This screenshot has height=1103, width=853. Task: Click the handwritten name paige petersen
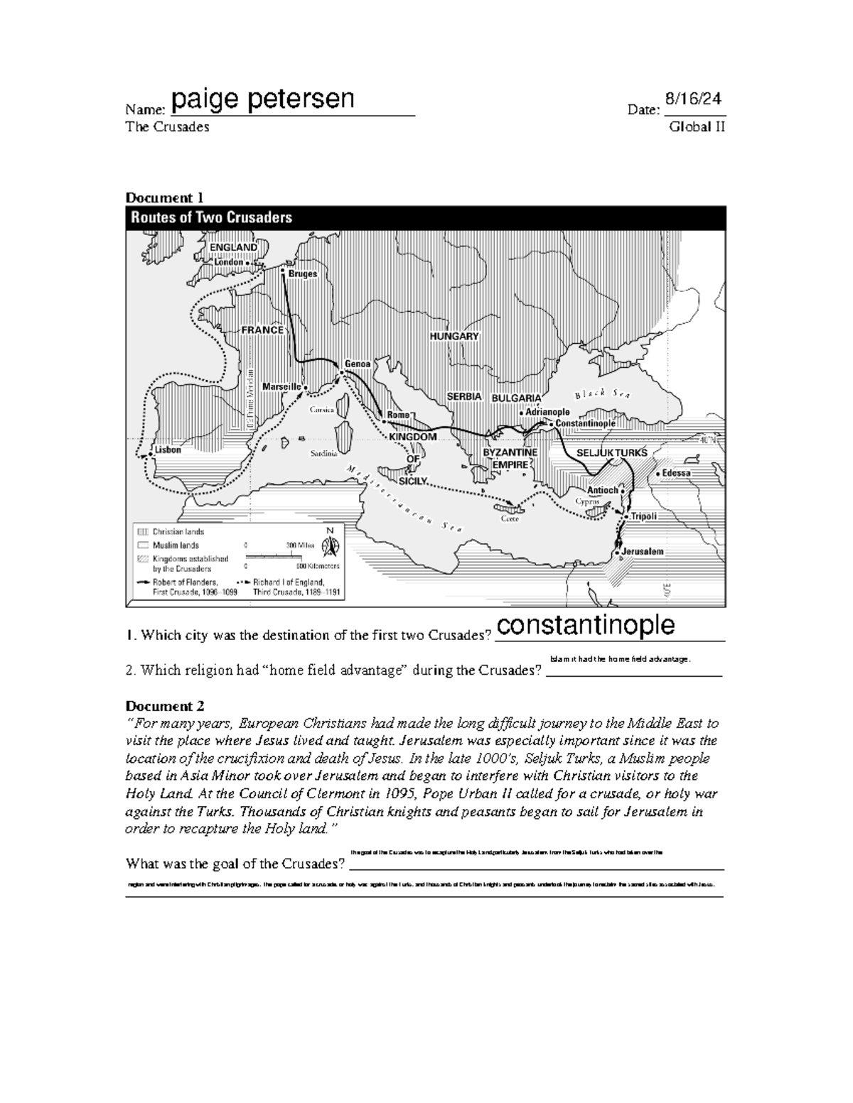point(262,99)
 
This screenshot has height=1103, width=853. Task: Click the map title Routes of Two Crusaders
point(211,218)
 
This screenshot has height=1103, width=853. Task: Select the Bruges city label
point(302,273)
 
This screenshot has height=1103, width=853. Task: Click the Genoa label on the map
point(358,364)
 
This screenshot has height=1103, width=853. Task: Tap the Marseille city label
point(283,386)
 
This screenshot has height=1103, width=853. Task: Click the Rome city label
point(398,415)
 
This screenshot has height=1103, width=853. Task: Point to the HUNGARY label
point(454,336)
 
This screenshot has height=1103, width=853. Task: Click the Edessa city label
point(676,473)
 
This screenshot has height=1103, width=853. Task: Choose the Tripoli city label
point(643,516)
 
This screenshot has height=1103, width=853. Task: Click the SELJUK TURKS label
point(611,453)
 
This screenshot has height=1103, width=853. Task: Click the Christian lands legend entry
point(178,531)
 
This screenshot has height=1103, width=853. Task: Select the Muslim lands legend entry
point(176,545)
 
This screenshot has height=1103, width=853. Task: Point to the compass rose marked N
point(330,545)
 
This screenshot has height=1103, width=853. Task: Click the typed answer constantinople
point(585,624)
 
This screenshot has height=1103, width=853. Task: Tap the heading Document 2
point(165,706)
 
